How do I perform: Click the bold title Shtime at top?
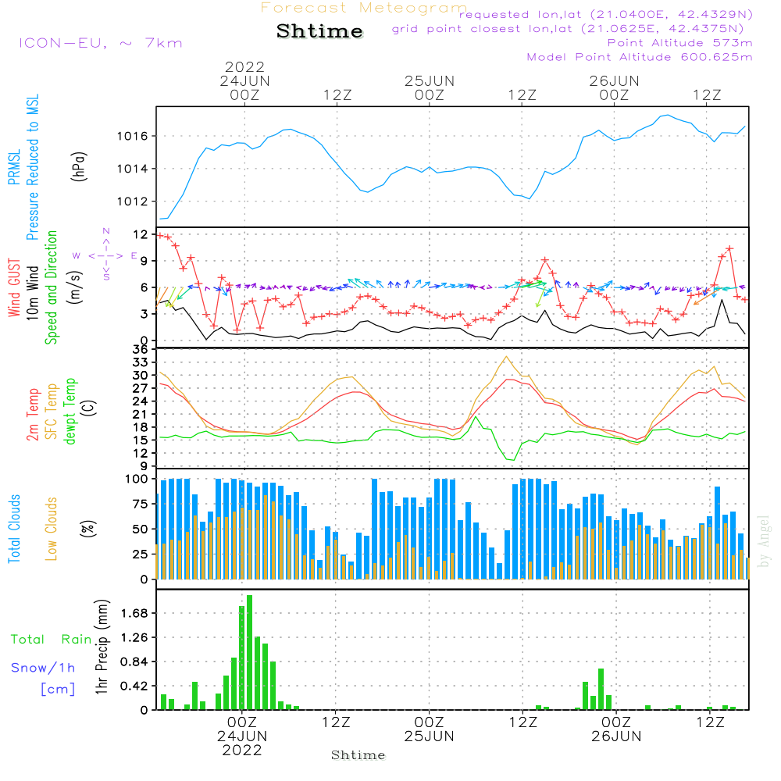(320, 31)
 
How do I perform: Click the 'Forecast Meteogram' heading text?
(364, 9)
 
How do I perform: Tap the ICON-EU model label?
(100, 43)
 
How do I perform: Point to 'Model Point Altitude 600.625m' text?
(640, 57)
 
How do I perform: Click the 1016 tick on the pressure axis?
(131, 136)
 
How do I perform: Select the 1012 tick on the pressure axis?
(131, 201)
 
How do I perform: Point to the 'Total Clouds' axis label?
(15, 529)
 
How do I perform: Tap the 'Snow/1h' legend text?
(44, 669)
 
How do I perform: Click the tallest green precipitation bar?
(249, 652)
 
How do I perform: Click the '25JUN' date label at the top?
(430, 80)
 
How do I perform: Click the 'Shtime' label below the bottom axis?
(358, 755)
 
